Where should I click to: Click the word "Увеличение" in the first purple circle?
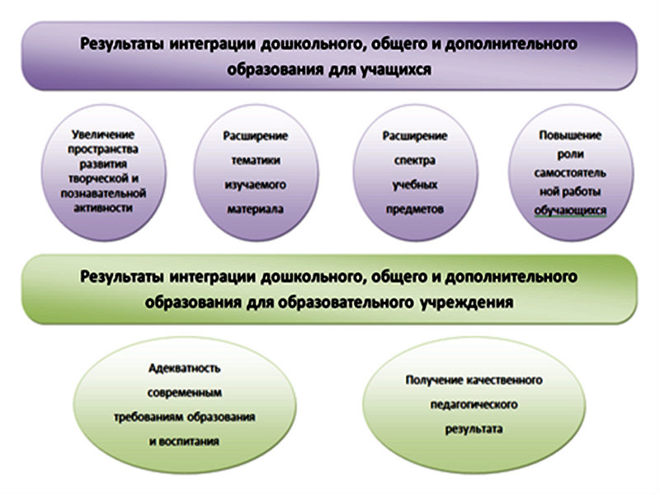[x=102, y=133]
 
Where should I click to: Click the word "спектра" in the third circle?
[x=415, y=159]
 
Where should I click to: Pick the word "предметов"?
[x=415, y=209]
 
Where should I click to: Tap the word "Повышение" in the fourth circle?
[x=569, y=134]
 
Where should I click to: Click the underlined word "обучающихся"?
[x=569, y=210]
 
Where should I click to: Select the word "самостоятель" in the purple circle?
[x=569, y=172]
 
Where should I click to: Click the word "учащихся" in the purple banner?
[x=397, y=70]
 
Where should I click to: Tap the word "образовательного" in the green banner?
[x=335, y=302]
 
